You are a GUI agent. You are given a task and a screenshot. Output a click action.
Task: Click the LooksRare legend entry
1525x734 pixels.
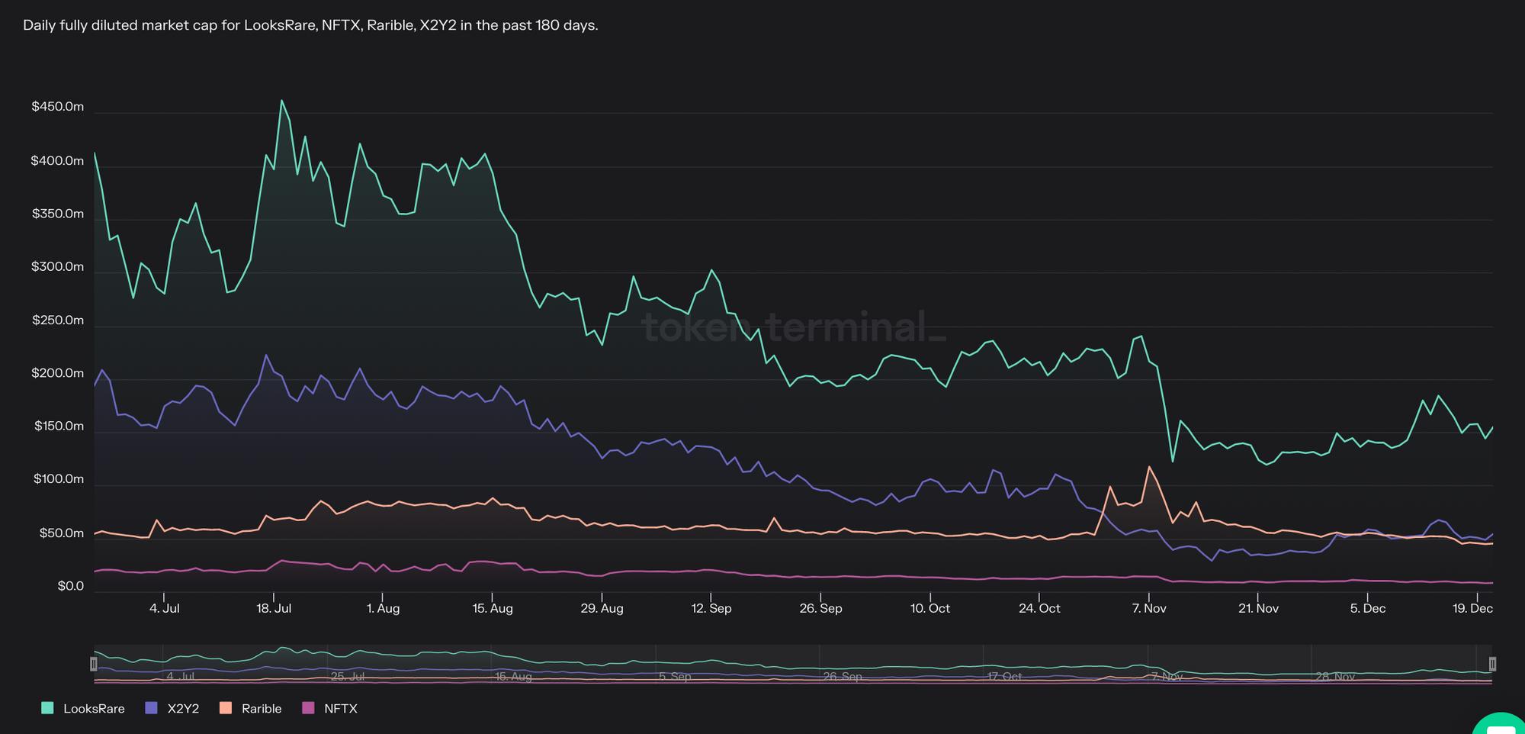pyautogui.click(x=83, y=708)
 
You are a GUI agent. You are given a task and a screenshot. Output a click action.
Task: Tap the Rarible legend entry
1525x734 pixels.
pyautogui.click(x=251, y=708)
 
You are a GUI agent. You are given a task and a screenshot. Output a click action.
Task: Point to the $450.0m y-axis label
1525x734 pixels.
pyautogui.click(x=58, y=107)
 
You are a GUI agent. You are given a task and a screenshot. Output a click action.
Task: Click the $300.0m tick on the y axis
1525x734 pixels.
pyautogui.click(x=58, y=267)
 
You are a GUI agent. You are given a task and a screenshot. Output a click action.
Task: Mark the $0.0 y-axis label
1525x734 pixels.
pyautogui.click(x=70, y=586)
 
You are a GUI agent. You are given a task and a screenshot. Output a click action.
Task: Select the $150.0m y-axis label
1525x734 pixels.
pyautogui.click(x=59, y=426)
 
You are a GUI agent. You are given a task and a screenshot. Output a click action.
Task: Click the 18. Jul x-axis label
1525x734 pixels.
pyautogui.click(x=274, y=608)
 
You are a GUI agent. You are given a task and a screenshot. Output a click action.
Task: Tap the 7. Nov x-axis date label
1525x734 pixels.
pyautogui.click(x=1149, y=608)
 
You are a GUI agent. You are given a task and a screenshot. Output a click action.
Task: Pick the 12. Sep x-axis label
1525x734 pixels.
pyautogui.click(x=711, y=608)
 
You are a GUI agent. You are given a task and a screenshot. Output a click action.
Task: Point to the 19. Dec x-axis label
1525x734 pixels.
pyautogui.click(x=1472, y=608)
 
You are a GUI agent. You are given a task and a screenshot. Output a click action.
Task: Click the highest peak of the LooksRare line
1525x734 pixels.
pyautogui.click(x=281, y=100)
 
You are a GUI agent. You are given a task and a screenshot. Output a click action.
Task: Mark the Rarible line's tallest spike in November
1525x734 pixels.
pyautogui.click(x=1148, y=466)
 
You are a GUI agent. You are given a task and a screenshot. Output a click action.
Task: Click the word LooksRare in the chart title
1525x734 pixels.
pyautogui.click(x=279, y=25)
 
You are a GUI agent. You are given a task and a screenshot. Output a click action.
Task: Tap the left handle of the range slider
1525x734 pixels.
pyautogui.click(x=94, y=664)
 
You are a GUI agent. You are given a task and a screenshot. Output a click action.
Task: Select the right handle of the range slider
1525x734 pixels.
pyautogui.click(x=1492, y=664)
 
